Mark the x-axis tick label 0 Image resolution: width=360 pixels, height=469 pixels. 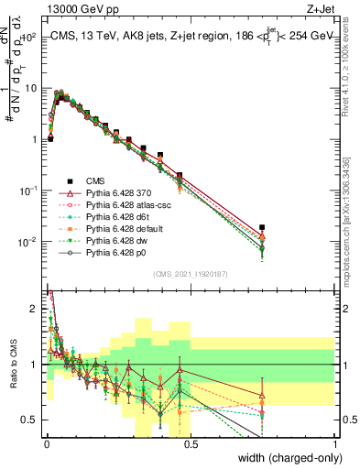point(46,444)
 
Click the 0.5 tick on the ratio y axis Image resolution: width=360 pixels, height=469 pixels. point(30,420)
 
